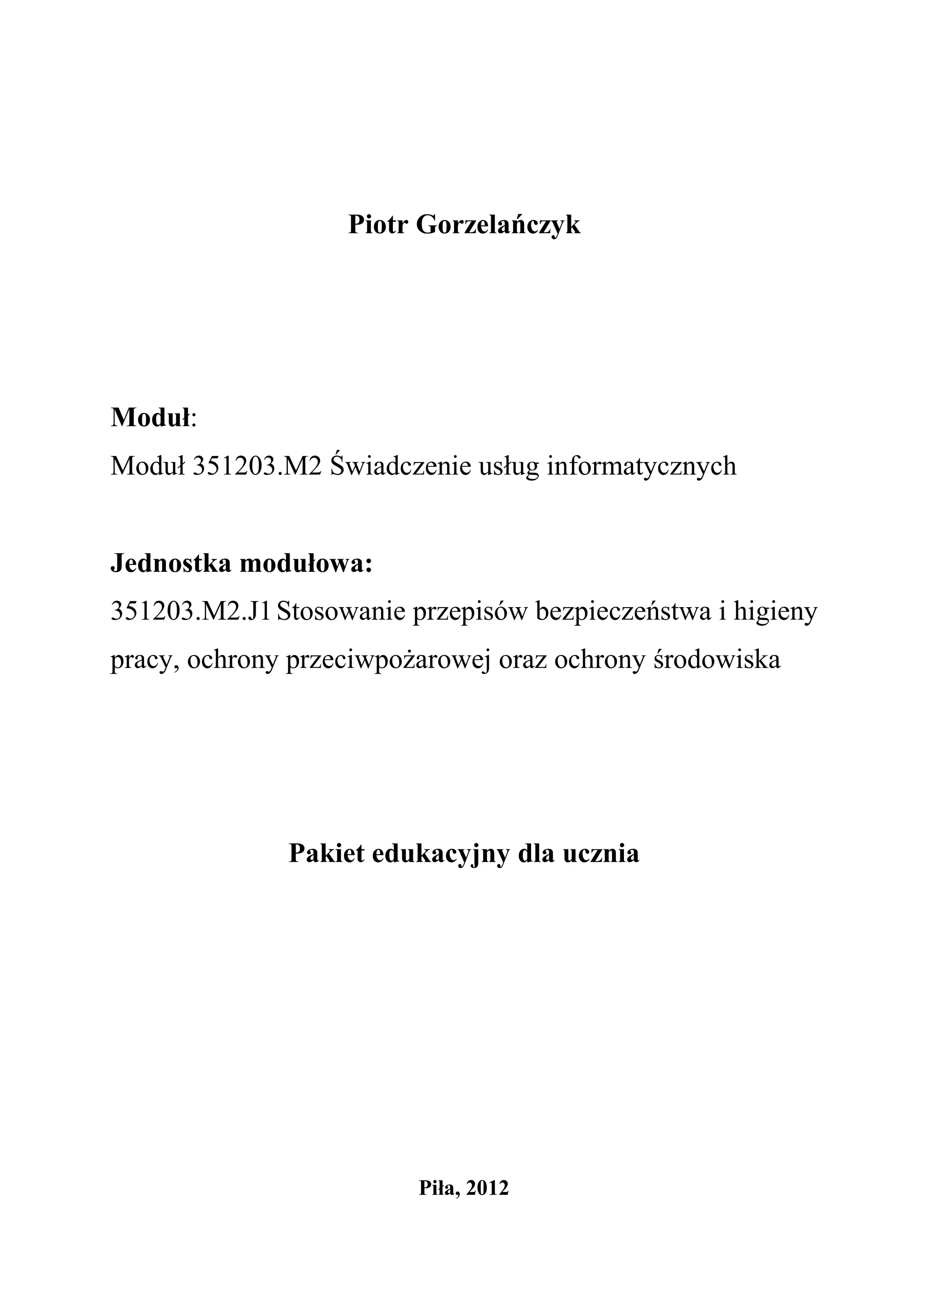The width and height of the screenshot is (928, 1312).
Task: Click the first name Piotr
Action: pos(377,225)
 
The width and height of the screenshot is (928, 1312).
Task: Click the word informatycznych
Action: pos(642,466)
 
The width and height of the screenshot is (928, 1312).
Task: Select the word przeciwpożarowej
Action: pos(388,661)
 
